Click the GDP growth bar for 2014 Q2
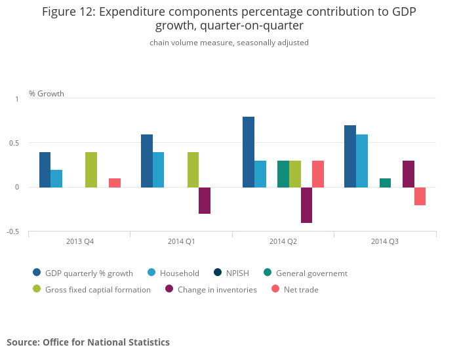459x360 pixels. tap(249, 152)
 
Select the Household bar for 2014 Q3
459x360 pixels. tap(362, 161)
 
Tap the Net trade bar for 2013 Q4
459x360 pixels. tap(115, 183)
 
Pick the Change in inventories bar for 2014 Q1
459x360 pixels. tap(205, 201)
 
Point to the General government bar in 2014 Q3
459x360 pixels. tap(385, 183)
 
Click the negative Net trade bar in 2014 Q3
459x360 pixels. tap(420, 196)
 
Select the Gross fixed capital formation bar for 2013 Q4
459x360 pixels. tap(91, 170)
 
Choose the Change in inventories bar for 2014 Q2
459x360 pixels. tap(306, 205)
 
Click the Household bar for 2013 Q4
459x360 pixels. tap(56, 179)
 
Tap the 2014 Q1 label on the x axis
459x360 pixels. tap(182, 241)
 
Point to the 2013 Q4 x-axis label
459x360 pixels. tap(80, 241)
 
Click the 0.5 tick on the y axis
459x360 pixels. tap(17, 143)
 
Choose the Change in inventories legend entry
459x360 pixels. tap(210, 289)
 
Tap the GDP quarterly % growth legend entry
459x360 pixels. tap(83, 273)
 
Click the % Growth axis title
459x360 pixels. tap(47, 94)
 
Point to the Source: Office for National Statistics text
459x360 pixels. tap(88, 342)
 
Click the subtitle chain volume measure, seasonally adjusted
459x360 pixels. tap(229, 43)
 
